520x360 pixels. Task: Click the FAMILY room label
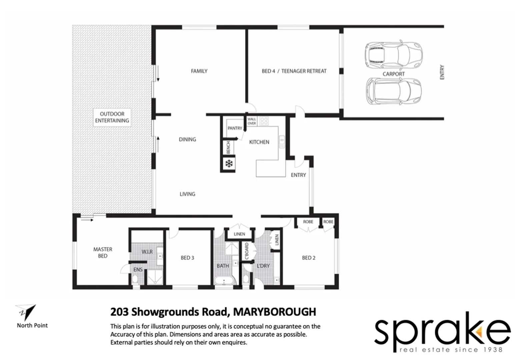pos(199,71)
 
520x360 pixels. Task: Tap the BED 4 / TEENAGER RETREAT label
pos(294,71)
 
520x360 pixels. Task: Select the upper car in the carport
pos(394,54)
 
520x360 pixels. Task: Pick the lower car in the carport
pos(394,91)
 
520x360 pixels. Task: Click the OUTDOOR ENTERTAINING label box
pos(112,117)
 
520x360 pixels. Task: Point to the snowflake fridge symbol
pos(229,164)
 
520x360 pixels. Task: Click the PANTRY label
pos(235,128)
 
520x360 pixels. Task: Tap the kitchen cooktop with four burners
pos(264,121)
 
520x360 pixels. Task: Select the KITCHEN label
pos(259,142)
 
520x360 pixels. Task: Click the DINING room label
pos(187,139)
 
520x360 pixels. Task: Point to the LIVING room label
pos(187,194)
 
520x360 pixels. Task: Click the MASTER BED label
pos(103,253)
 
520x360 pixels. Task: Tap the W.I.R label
pos(147,252)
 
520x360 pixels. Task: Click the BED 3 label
pos(187,258)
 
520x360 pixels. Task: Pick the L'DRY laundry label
pos(263,266)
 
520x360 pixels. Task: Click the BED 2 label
pos(309,258)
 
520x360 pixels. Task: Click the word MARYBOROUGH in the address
pos(274,312)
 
